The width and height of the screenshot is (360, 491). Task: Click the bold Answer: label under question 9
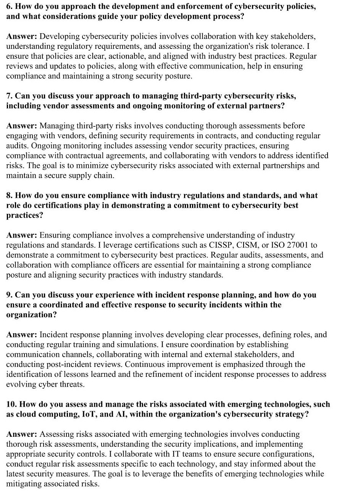[22, 335]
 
